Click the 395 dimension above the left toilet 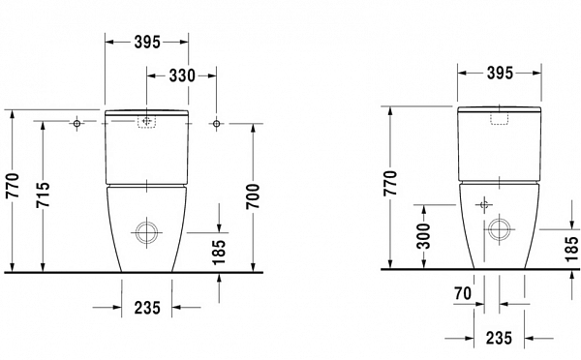tap(146, 43)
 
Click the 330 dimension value tap(180, 75)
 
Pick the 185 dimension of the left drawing tap(220, 253)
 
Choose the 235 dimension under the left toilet tap(146, 307)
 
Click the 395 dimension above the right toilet tap(498, 74)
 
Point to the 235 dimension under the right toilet tap(498, 338)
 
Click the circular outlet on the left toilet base tap(147, 232)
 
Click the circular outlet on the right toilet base tap(500, 229)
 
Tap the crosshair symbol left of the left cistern tap(76, 124)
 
